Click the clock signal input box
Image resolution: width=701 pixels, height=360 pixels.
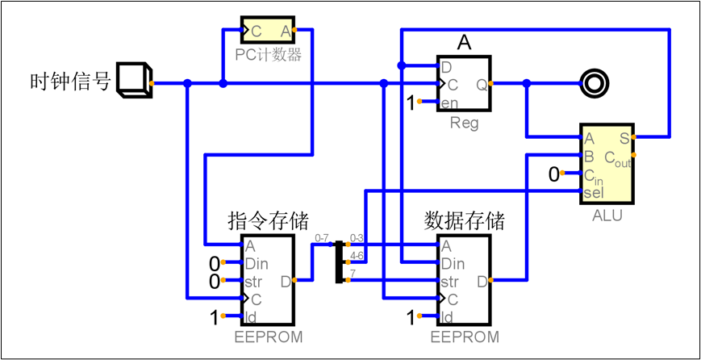(133, 81)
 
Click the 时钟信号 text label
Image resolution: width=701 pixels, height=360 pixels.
(70, 82)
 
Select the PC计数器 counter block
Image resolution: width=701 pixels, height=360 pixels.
(268, 31)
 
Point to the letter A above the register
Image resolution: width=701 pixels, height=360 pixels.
(465, 42)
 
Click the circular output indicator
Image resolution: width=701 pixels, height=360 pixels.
(597, 82)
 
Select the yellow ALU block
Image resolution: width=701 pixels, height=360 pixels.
(607, 165)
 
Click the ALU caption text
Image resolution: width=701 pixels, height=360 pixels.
(607, 216)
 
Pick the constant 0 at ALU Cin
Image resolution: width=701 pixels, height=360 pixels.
(553, 174)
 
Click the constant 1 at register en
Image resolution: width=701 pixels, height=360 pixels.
(411, 103)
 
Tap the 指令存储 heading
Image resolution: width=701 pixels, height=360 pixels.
(268, 220)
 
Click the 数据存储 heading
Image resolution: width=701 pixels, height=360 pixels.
(464, 220)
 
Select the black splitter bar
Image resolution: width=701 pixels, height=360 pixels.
(340, 261)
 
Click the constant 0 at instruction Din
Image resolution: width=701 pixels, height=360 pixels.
(215, 263)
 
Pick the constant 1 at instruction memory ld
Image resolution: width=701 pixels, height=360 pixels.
(215, 317)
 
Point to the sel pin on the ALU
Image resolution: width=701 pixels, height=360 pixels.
(593, 192)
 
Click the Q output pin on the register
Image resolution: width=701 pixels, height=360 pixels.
(482, 84)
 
